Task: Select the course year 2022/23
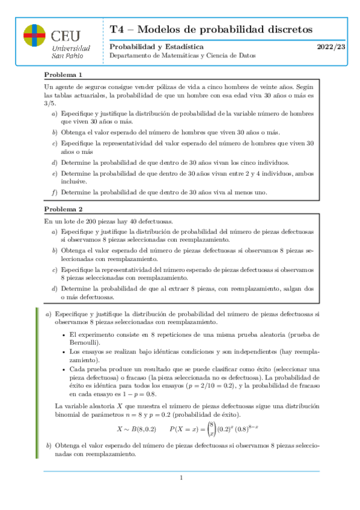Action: click(331, 46)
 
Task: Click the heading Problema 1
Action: click(63, 75)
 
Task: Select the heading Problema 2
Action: click(63, 209)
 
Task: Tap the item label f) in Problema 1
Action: click(55, 192)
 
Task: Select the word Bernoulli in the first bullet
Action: click(84, 342)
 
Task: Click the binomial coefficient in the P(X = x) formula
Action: click(210, 428)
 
